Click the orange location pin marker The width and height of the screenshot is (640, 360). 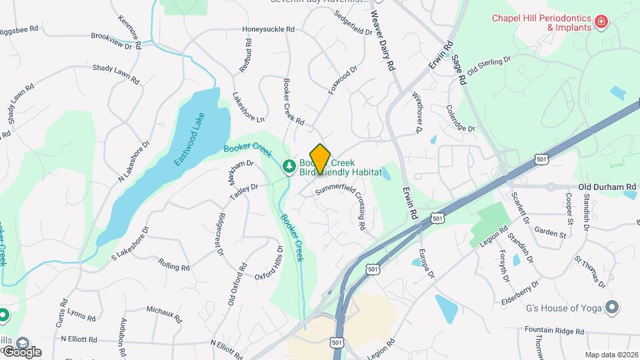(321, 159)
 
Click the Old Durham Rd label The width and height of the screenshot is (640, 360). (607, 187)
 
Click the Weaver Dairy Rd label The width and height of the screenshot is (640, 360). (383, 27)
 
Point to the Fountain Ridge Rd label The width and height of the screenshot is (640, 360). (554, 330)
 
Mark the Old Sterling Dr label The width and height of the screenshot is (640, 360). (489, 65)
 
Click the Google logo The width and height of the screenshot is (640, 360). (22, 351)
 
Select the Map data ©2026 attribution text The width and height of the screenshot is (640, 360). (611, 355)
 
